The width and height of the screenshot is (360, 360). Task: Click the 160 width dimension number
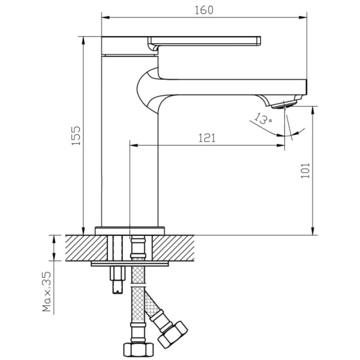(x=204, y=10)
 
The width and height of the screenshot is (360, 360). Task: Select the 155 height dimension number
(x=76, y=136)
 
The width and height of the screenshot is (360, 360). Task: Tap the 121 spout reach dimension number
(x=207, y=138)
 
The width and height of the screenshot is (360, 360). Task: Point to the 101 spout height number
(x=305, y=170)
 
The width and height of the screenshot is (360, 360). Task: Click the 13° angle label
(x=263, y=118)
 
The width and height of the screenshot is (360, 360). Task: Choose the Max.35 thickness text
(x=47, y=292)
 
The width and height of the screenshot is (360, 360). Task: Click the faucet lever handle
(x=204, y=43)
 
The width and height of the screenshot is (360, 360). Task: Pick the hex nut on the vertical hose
(x=139, y=350)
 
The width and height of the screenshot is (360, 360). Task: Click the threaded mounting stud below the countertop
(x=118, y=280)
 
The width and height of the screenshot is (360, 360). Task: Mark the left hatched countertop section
(x=86, y=248)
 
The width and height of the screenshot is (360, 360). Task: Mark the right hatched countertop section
(x=173, y=248)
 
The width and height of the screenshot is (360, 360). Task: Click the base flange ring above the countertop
(x=130, y=231)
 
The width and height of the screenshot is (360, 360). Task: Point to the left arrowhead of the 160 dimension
(x=106, y=17)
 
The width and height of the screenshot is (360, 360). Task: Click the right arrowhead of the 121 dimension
(x=281, y=145)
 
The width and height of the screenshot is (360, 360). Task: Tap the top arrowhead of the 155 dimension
(x=83, y=40)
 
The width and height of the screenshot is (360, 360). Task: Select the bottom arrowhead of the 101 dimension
(x=313, y=231)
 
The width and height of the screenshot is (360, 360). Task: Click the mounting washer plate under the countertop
(x=130, y=263)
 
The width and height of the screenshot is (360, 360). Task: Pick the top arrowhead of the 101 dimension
(x=313, y=110)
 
